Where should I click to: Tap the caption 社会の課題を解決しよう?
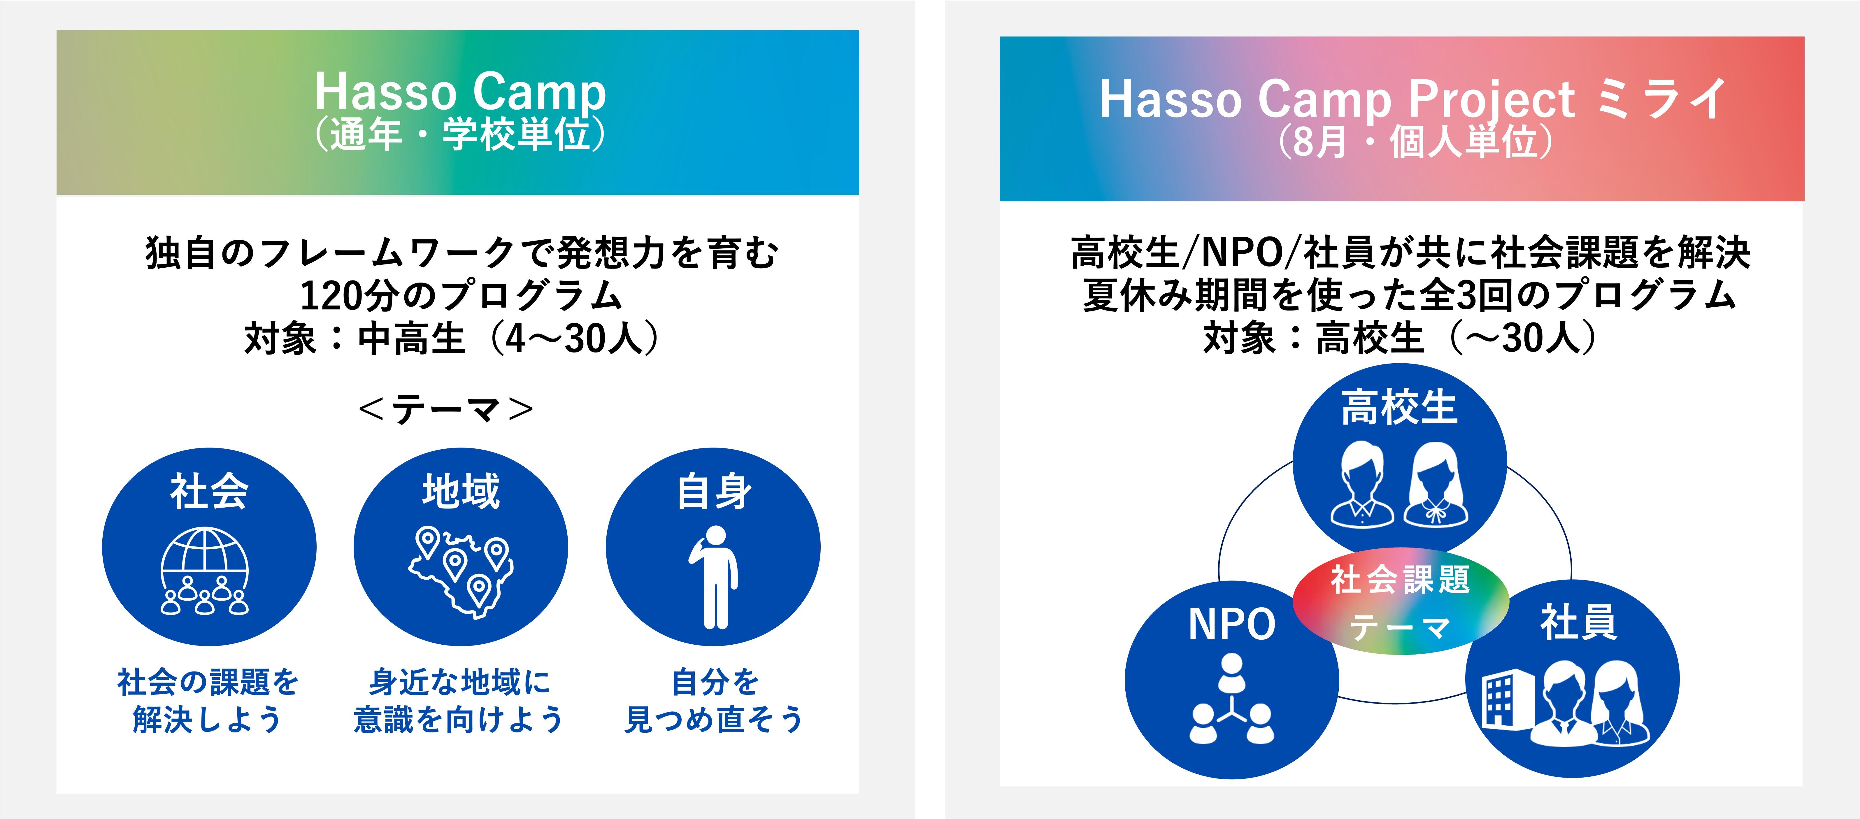208,701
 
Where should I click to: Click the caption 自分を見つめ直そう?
713,701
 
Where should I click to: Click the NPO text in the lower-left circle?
1232,624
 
